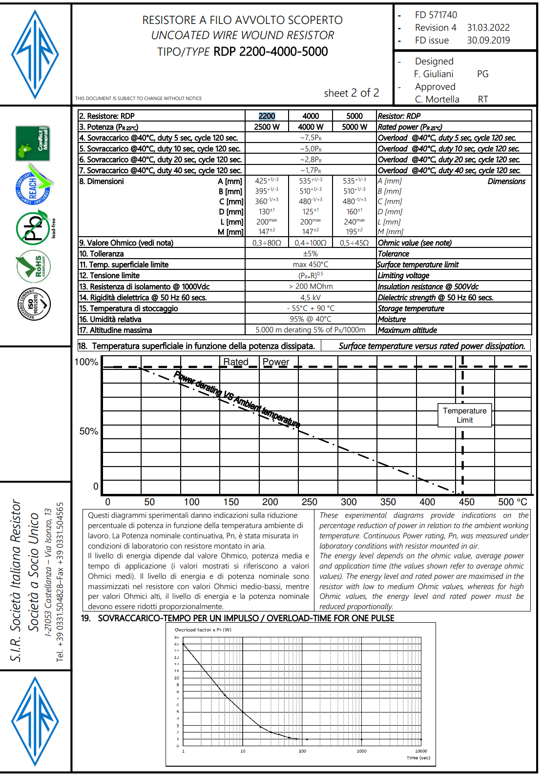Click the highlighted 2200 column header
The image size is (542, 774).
point(267,116)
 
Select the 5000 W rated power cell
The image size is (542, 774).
point(354,127)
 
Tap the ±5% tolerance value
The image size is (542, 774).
point(311,254)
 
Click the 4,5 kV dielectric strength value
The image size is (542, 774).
point(311,298)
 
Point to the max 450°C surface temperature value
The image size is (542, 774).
point(311,265)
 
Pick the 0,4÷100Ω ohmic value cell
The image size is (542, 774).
point(311,243)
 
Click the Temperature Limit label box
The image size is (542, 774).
point(464,415)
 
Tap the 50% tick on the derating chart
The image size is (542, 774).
point(89,431)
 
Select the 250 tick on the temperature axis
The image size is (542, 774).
point(309,502)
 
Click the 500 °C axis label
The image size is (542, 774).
point(512,502)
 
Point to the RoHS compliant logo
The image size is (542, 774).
point(33,266)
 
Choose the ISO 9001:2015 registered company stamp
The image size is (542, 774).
point(34,304)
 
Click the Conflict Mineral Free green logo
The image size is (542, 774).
point(33,143)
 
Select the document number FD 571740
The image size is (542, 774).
point(436,15)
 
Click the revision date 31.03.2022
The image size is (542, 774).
point(488,28)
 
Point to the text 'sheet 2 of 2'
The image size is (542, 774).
point(352,93)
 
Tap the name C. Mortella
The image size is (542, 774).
point(437,100)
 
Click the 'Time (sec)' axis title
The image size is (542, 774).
point(418,758)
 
